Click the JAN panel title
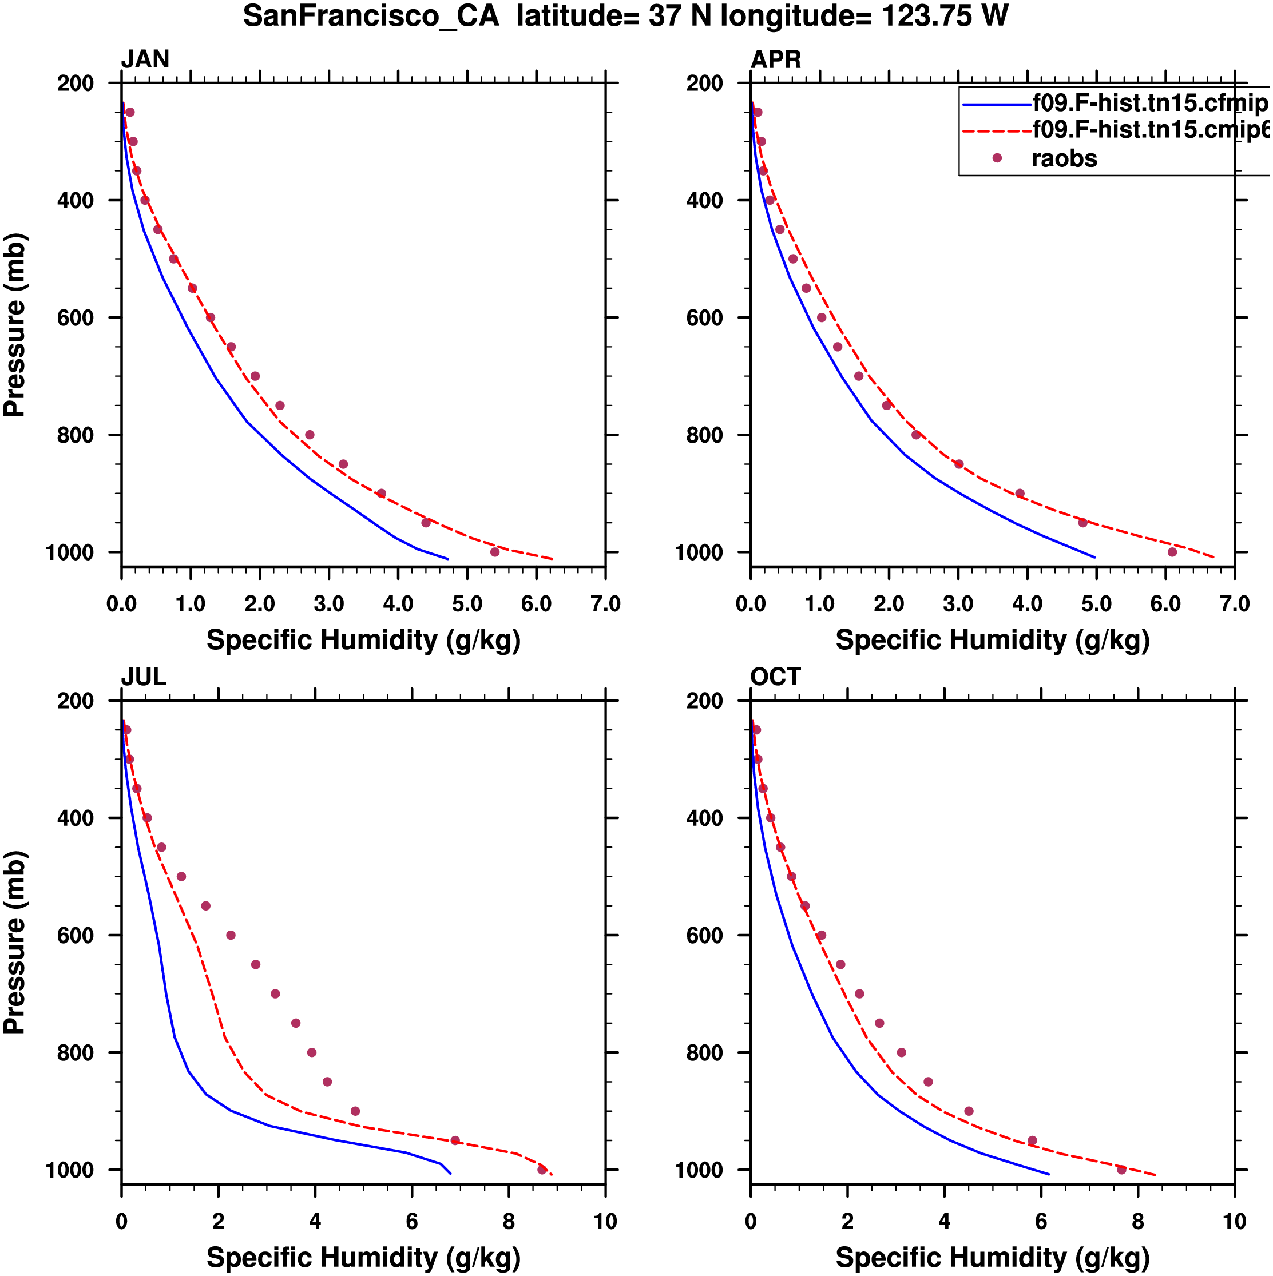tap(145, 59)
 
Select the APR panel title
tap(776, 59)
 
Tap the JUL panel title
tap(144, 677)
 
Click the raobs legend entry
tap(1064, 158)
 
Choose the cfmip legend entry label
tap(1149, 104)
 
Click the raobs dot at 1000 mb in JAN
tap(495, 552)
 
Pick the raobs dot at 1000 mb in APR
tap(1172, 552)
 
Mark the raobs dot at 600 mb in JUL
tap(231, 935)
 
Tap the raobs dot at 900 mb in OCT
tap(969, 1111)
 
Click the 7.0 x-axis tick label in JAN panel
tap(605, 603)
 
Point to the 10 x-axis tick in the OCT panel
tap(1234, 1222)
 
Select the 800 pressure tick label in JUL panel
tap(76, 1053)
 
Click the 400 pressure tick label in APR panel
tap(705, 200)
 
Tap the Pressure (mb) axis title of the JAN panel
tap(14, 325)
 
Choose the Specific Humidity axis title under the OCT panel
tap(992, 1258)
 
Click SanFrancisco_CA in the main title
tap(371, 16)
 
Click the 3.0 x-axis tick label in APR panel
tap(958, 603)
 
